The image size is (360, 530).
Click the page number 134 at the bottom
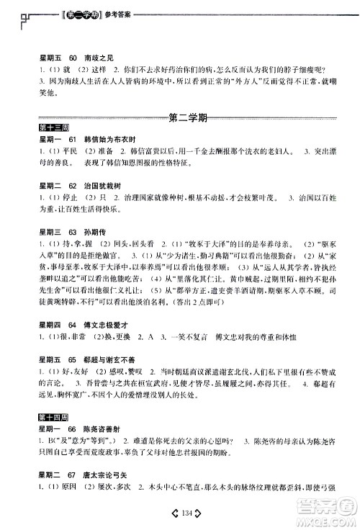pos(180,512)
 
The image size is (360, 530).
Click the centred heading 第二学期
pos(180,117)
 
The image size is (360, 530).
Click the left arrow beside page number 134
pos(166,512)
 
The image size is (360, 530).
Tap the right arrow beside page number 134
pos(194,512)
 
